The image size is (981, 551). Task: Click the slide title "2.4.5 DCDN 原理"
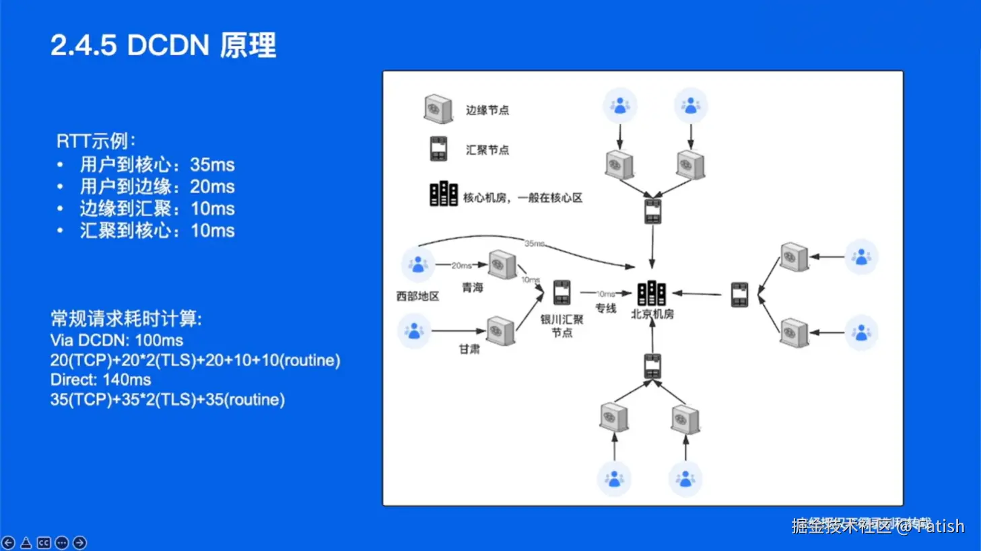point(163,46)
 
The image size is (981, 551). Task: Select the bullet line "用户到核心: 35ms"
point(157,165)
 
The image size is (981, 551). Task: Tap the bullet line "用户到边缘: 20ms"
point(157,186)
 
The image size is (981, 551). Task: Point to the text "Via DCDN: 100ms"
point(116,340)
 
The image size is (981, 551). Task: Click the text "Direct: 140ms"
point(100,379)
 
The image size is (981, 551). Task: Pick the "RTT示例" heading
point(96,141)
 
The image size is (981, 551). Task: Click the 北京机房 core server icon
point(651,293)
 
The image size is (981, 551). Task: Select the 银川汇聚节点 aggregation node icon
point(562,292)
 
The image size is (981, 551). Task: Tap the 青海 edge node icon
point(502,264)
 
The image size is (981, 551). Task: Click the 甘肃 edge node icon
point(500,331)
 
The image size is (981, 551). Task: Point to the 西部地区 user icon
point(417,264)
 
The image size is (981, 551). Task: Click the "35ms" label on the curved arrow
point(534,244)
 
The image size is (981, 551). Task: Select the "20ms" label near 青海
point(461,266)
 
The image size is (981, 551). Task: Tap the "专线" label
point(605,308)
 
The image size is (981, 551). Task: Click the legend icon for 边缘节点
point(438,109)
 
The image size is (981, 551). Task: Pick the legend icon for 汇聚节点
point(438,149)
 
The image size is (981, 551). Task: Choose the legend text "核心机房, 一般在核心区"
point(522,198)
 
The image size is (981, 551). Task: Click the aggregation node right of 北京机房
point(739,294)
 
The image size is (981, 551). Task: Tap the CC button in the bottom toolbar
point(44,542)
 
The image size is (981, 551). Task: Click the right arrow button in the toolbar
point(79,542)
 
